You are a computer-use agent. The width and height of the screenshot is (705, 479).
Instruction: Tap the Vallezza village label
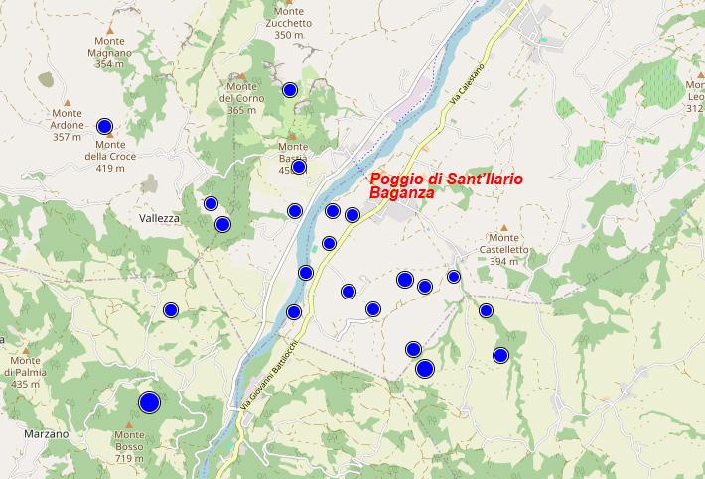point(160,218)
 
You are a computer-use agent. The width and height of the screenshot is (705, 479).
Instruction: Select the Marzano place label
point(47,434)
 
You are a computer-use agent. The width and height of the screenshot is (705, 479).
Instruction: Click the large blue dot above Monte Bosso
point(149,402)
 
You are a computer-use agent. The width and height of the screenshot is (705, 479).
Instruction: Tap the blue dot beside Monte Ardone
point(104,126)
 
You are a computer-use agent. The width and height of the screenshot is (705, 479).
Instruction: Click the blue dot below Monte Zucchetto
point(290,90)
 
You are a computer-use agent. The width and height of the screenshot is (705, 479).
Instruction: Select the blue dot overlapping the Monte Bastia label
point(298,167)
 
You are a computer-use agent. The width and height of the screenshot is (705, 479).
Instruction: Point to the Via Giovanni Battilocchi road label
point(269,373)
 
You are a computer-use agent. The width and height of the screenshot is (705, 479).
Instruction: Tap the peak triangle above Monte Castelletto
point(503,226)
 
